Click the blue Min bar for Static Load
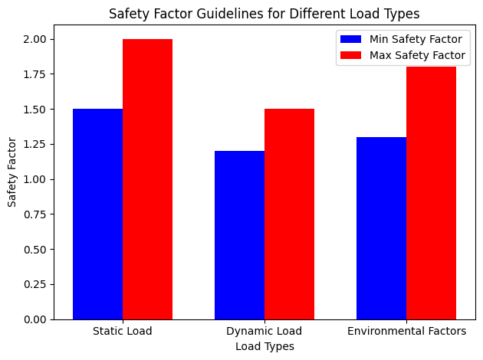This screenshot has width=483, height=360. click(97, 214)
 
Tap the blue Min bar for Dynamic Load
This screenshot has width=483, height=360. click(239, 234)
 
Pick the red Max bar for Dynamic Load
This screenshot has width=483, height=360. click(289, 214)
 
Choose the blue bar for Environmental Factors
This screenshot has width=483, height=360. click(381, 227)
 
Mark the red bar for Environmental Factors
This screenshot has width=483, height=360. click(431, 193)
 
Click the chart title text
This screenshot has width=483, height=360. click(264, 13)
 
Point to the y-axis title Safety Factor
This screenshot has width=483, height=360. click(12, 172)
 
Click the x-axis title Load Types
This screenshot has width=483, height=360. click(264, 346)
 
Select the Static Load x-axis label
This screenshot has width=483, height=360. click(122, 332)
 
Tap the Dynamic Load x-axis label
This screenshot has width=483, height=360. click(264, 332)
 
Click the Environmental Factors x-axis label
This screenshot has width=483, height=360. click(406, 332)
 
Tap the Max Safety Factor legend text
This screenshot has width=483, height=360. click(417, 55)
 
